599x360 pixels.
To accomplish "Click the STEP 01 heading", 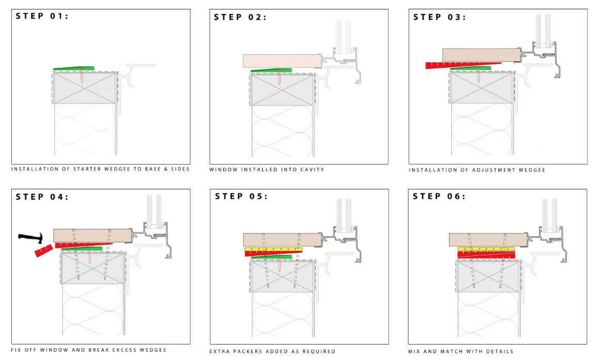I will [x=42, y=16].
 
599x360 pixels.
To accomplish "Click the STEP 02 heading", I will [x=240, y=17].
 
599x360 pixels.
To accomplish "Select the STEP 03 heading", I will [x=439, y=17].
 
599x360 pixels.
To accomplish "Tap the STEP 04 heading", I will [x=42, y=197].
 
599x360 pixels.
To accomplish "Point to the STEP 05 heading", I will [x=241, y=197].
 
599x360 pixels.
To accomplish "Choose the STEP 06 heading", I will [x=439, y=197].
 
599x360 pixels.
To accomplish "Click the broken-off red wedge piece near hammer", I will [x=42, y=251].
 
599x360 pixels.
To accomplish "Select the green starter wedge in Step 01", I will [x=74, y=68].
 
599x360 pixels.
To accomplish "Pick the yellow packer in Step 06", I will [x=486, y=249].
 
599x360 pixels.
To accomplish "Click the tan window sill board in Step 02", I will [x=282, y=61].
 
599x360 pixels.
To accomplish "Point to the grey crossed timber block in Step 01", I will [x=85, y=88].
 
